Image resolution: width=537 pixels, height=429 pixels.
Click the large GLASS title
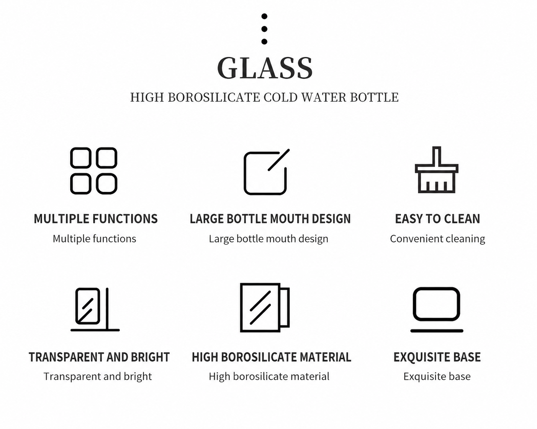(x=265, y=68)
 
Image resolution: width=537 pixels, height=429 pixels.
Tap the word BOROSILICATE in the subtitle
(x=214, y=97)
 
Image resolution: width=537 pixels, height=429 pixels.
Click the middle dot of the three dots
(x=264, y=29)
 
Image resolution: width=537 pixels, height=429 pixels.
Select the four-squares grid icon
(x=93, y=171)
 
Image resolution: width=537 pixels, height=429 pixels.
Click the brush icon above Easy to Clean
(x=436, y=170)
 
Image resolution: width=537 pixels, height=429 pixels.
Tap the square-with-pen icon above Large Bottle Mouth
(x=267, y=172)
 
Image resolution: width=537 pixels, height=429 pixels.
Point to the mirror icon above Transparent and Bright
(x=95, y=310)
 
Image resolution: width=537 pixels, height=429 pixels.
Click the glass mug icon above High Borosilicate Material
(x=265, y=308)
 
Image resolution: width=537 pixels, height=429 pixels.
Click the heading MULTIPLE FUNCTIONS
(x=96, y=219)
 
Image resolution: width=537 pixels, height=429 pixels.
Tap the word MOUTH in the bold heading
(x=290, y=219)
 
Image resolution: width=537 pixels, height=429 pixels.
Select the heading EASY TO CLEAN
(x=437, y=219)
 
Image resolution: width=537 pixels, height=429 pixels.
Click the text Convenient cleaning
(x=437, y=239)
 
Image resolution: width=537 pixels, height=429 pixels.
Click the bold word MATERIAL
(x=326, y=357)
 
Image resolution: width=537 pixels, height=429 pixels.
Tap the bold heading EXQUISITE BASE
(x=437, y=357)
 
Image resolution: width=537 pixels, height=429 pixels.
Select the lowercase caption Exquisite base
(x=437, y=377)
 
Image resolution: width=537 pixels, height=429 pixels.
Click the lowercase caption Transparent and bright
(x=98, y=377)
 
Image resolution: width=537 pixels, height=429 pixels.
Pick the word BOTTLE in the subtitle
(x=374, y=97)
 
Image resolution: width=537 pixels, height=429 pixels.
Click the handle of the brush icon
(x=436, y=156)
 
